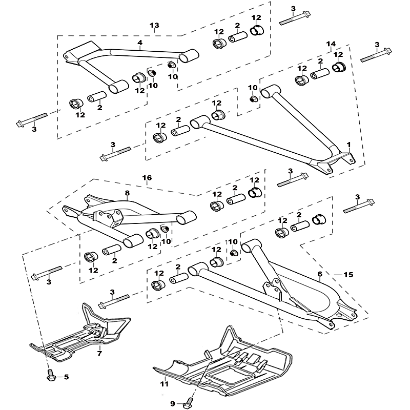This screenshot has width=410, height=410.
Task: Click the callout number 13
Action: coord(154,25)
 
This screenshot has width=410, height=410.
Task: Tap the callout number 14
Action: coord(331,44)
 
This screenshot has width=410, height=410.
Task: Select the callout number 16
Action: coord(147,178)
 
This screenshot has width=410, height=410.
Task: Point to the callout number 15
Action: coord(348,275)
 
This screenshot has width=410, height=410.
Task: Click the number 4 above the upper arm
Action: coord(140,43)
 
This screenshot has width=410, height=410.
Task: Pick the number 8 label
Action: coord(127,193)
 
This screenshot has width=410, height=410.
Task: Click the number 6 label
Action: coord(320,274)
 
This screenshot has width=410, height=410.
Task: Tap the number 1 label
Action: coord(348,145)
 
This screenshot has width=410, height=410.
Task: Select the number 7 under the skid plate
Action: coord(99,354)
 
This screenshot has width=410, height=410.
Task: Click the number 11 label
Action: coord(164,384)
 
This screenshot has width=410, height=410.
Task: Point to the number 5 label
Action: coord(66,377)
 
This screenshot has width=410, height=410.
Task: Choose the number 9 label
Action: coord(173,404)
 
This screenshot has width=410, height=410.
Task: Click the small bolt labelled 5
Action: coord(50,375)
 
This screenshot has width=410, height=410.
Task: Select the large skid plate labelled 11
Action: coord(222,363)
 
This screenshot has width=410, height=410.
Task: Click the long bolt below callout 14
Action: coord(376,55)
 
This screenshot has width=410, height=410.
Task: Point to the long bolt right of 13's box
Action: coord(295,18)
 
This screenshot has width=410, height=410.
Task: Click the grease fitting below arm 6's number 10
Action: coord(234,253)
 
